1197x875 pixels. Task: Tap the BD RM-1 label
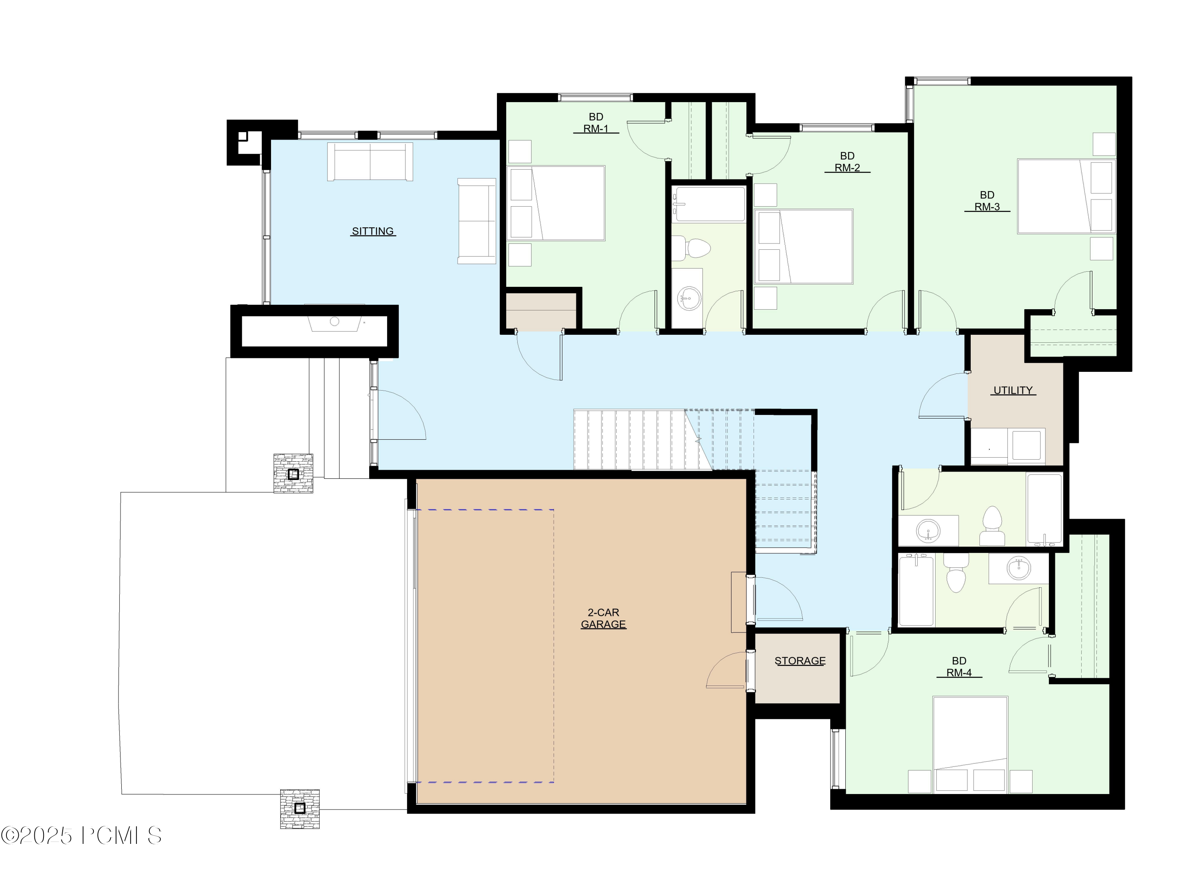[x=596, y=123]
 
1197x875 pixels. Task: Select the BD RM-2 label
[x=847, y=162]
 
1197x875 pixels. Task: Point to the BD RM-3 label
[x=987, y=201]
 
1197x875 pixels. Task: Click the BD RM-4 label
[x=959, y=667]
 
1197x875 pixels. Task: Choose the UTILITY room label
[x=1013, y=390]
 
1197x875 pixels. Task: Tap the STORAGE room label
[x=799, y=661]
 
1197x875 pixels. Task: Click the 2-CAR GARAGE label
[x=603, y=618]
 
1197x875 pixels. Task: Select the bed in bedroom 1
[x=556, y=203]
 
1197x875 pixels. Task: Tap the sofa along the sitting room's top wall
[x=370, y=162]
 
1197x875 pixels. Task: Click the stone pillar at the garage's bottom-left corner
[x=299, y=808]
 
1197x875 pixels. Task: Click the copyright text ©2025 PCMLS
[x=81, y=836]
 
